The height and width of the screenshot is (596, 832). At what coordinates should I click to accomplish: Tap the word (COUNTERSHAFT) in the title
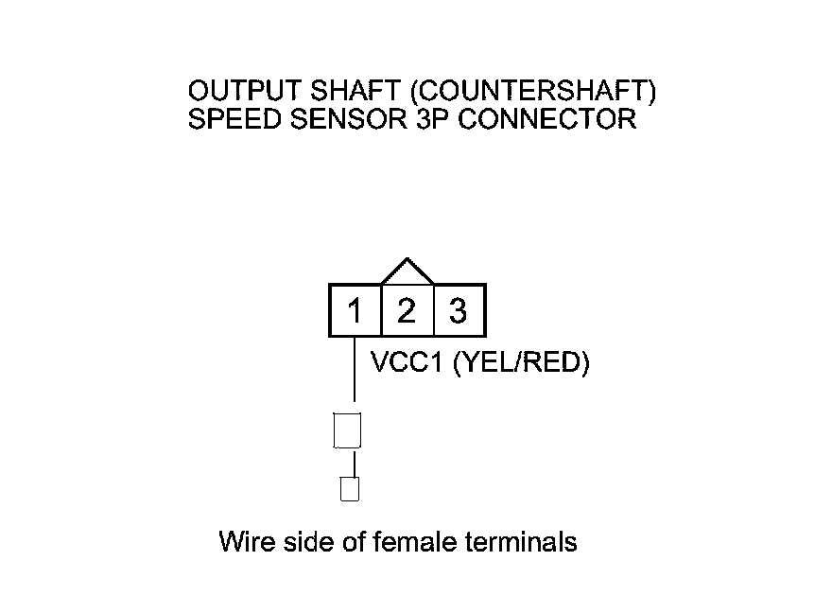pos(536,92)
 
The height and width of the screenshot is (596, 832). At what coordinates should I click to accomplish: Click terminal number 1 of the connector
pos(355,310)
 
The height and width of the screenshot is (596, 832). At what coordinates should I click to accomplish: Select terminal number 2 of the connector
pos(407,310)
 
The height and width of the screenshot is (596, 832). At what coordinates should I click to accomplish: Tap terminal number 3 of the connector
pos(459,310)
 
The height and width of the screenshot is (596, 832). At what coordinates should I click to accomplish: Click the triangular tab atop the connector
pos(407,272)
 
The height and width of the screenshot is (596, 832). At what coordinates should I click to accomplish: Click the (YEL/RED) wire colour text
pos(522,364)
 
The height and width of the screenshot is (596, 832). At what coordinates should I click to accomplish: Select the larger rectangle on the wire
pos(348,430)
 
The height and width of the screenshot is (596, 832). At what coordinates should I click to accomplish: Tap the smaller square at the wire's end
pos(349,489)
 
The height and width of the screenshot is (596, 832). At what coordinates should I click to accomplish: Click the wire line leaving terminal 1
pos(355,374)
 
